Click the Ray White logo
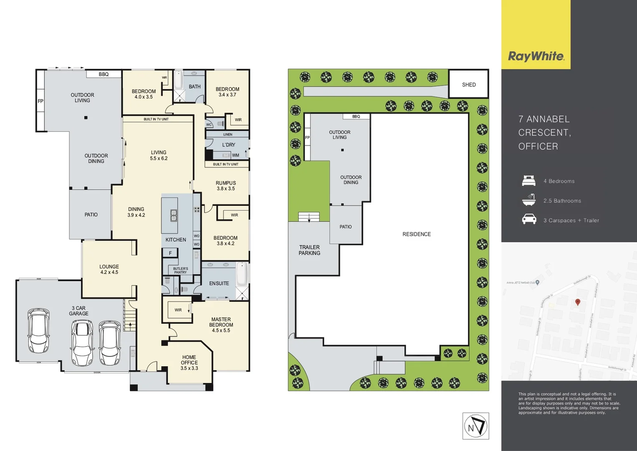(536, 56)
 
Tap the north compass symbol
(476, 426)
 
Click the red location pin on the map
(578, 302)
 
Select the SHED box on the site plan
(468, 84)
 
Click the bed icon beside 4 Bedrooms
(529, 181)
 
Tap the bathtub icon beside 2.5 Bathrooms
(529, 200)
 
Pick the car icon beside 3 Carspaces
(529, 219)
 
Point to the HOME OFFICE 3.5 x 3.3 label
(189, 362)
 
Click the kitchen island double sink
(174, 215)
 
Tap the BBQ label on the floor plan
(103, 74)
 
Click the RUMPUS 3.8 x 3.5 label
(226, 186)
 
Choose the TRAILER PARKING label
(310, 250)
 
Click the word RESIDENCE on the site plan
(416, 234)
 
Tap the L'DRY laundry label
(229, 145)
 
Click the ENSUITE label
(219, 283)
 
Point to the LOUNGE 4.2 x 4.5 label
(109, 269)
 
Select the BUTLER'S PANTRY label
(180, 270)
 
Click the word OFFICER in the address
(538, 147)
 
